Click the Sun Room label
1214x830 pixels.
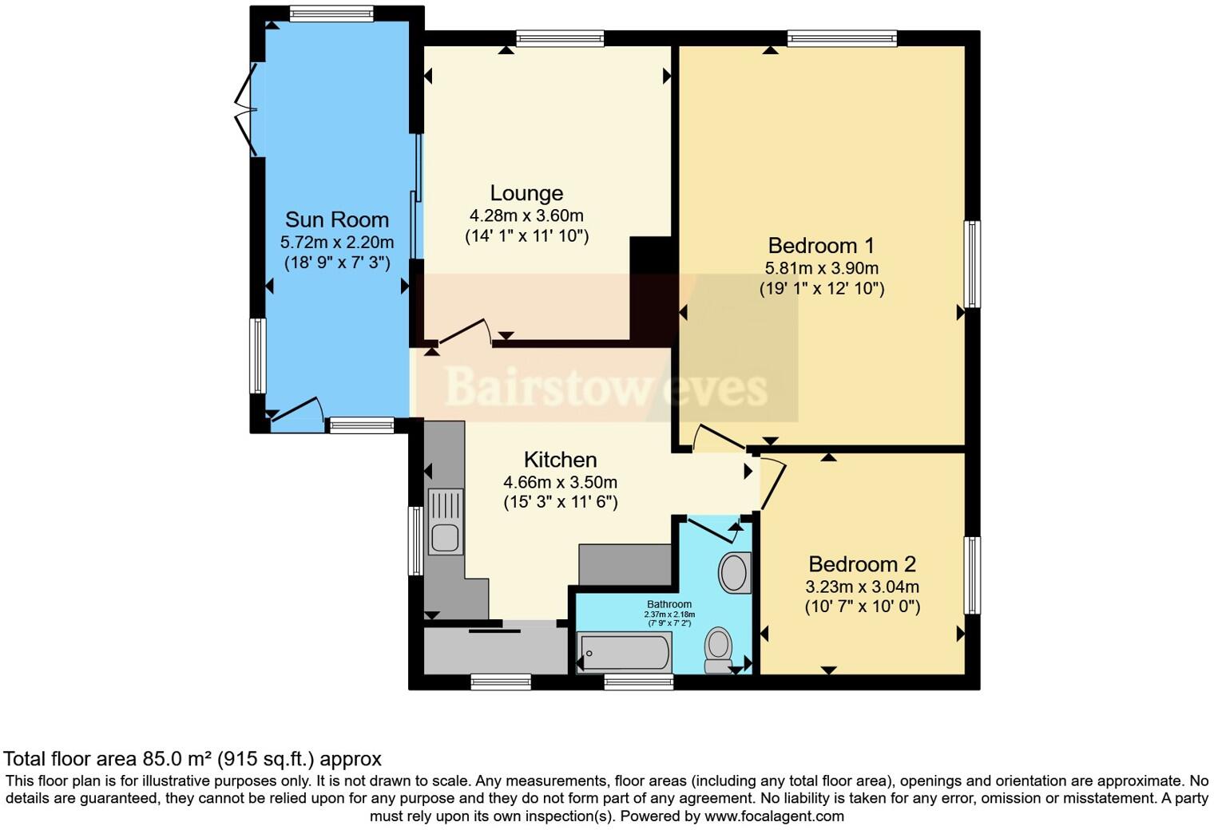336,219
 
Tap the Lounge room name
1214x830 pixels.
526,193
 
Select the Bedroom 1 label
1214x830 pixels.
821,246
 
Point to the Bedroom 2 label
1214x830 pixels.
862,564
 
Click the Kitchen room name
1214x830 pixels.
560,460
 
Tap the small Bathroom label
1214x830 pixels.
669,604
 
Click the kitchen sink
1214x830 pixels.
445,522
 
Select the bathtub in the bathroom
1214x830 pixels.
624,652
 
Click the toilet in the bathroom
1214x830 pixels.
718,650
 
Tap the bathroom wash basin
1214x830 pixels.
734,572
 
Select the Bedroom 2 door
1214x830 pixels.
772,482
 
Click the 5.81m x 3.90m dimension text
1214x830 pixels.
821,268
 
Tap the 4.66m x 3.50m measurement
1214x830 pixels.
560,482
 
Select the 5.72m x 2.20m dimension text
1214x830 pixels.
336,242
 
